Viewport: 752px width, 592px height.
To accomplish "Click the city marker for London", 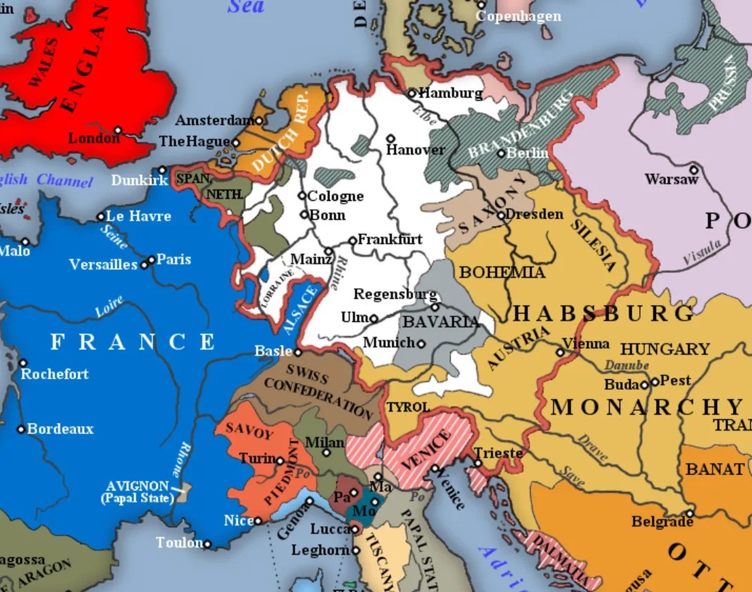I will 117,131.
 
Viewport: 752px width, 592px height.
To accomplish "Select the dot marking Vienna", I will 560,352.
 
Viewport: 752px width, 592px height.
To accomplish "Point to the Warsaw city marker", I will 693,170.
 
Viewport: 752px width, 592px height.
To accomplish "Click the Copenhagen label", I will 518,16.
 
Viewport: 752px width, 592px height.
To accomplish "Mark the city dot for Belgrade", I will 689,514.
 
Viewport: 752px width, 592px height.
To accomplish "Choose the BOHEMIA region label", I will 502,272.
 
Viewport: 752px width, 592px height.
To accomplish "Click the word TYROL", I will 408,407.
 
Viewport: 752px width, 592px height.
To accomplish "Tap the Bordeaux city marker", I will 21,429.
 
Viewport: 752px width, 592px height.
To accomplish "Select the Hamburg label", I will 450,93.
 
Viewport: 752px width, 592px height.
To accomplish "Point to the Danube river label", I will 627,365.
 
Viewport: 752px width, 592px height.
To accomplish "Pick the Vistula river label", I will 702,253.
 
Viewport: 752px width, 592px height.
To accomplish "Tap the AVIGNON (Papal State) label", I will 138,492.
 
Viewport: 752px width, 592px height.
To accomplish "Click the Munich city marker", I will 421,344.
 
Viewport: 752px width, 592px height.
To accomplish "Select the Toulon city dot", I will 207,544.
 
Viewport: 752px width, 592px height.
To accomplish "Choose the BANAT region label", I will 715,469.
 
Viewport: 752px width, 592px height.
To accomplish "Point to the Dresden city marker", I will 501,215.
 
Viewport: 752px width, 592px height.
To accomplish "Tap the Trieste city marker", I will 478,463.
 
